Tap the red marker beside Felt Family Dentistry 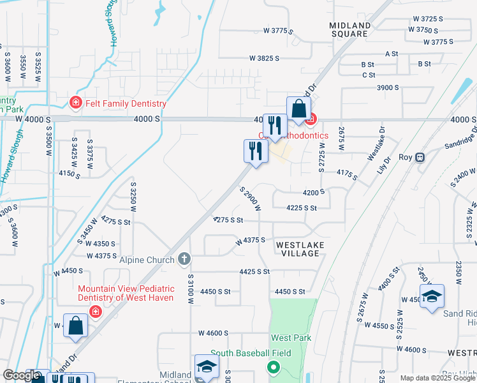coord(76,103)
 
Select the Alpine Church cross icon coord(184,259)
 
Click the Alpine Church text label coord(147,260)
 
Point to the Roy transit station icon coord(420,157)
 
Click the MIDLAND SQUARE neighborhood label coord(349,29)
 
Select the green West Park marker coord(274,368)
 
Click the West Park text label coord(290,338)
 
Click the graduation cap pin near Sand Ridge coord(432,296)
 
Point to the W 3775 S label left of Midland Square coord(278,31)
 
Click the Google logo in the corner coord(21,376)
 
